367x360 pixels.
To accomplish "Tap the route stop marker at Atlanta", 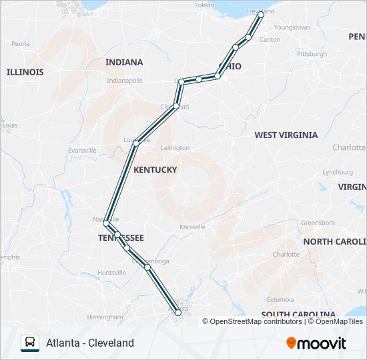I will click(178, 311).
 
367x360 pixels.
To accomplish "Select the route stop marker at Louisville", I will click(136, 143).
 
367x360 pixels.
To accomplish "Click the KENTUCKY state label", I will click(155, 170).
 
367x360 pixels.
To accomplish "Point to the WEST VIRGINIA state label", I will click(286, 135).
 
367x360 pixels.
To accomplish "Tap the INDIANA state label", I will click(124, 62).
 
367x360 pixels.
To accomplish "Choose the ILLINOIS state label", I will click(25, 71).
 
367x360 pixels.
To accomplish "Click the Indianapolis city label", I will click(125, 81).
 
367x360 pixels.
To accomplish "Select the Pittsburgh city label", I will click(312, 54).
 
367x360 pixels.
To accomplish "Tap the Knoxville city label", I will click(192, 227).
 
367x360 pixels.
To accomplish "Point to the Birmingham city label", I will click(105, 317).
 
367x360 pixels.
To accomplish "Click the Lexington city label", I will click(175, 148).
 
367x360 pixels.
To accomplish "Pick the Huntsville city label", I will click(111, 273).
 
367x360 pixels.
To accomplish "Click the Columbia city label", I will click(280, 299).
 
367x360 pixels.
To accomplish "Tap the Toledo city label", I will click(204, 5).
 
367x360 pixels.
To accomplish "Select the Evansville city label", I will click(82, 151).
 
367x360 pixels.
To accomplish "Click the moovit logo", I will click(316, 343).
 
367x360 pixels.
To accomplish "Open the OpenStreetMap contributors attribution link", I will click(256, 321).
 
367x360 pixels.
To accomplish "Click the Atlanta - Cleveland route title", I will click(90, 343).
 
